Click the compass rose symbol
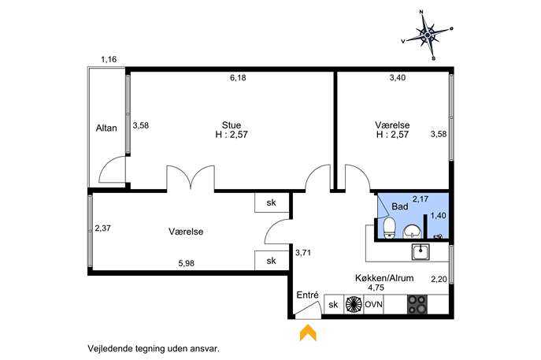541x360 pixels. pyautogui.click(x=428, y=35)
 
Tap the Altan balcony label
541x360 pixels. pyautogui.click(x=106, y=128)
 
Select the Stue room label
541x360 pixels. pyautogui.click(x=232, y=124)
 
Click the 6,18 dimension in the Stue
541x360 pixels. pyautogui.click(x=238, y=78)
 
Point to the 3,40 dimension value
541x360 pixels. pyautogui.click(x=398, y=78)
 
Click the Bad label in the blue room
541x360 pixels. pyautogui.click(x=400, y=206)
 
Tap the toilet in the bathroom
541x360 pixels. pyautogui.click(x=390, y=228)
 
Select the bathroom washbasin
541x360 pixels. pyautogui.click(x=412, y=232)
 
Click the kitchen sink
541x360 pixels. pyautogui.click(x=421, y=251)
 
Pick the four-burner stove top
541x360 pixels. pyautogui.click(x=417, y=304)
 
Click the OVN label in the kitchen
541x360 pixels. pyautogui.click(x=374, y=305)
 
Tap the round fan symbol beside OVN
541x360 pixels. pyautogui.click(x=354, y=304)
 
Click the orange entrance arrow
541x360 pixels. pyautogui.click(x=308, y=332)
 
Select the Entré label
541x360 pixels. pyautogui.click(x=307, y=295)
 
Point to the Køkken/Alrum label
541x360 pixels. pyautogui.click(x=384, y=278)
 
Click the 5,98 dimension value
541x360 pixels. pyautogui.click(x=187, y=263)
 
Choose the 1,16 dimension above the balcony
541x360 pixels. pyautogui.click(x=109, y=59)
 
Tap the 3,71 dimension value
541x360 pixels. pyautogui.click(x=303, y=253)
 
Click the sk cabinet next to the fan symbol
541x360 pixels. pyautogui.click(x=334, y=305)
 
